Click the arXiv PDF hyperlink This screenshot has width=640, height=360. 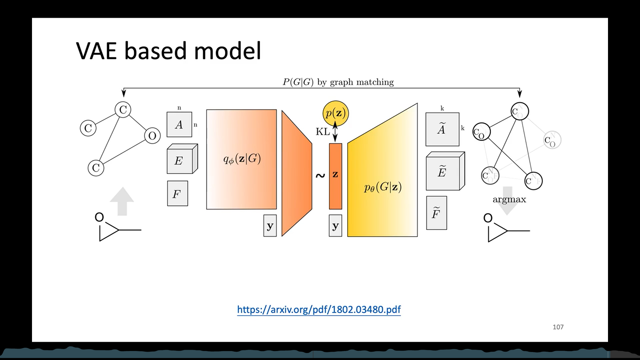(319, 310)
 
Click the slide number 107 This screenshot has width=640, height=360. (558, 327)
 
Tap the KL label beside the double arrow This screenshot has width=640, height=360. (322, 132)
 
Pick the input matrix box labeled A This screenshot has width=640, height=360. (179, 125)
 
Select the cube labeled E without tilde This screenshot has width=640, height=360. (180, 161)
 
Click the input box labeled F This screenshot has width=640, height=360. (177, 193)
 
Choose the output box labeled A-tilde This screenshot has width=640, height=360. (442, 129)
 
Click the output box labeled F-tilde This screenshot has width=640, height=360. (436, 213)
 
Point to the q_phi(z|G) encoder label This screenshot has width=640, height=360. (242, 159)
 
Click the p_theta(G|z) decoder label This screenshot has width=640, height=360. (383, 188)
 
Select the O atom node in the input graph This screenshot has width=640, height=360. (152, 136)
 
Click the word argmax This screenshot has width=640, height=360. (509, 200)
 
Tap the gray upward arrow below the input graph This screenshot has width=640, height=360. (122, 201)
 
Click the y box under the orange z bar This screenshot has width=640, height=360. (335, 226)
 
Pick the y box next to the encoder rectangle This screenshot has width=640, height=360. (270, 226)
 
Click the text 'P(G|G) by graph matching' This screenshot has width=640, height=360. (338, 82)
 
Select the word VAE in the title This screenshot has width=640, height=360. (97, 51)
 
